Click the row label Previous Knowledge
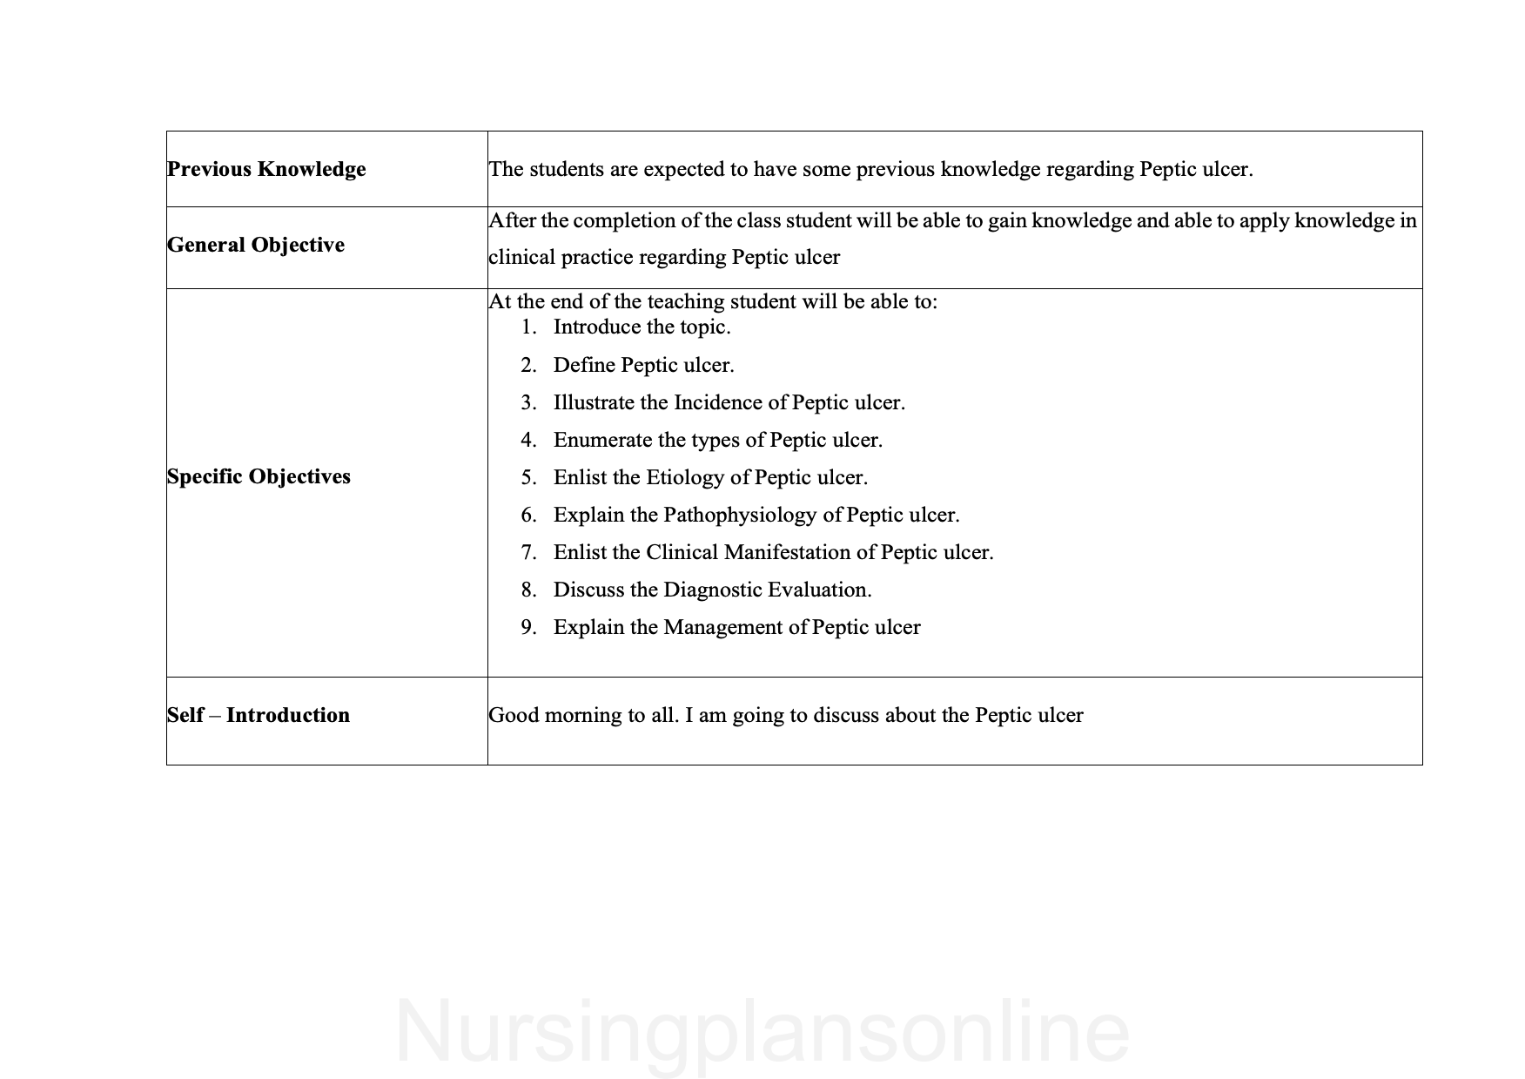(x=266, y=169)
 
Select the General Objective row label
(x=256, y=245)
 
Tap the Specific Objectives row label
(x=259, y=476)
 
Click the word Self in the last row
(x=185, y=715)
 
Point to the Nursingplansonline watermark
(x=762, y=1033)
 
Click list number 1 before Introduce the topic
(x=528, y=327)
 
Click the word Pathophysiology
(x=740, y=516)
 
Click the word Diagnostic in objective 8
(x=712, y=590)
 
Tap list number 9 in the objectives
(x=528, y=628)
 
